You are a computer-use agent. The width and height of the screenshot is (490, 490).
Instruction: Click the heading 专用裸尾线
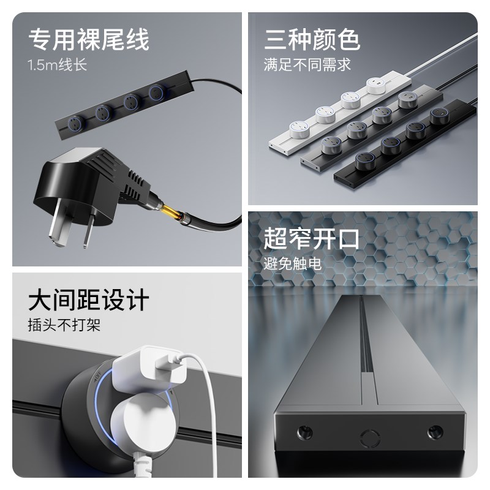89,40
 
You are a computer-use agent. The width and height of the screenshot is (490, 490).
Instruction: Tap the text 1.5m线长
58,65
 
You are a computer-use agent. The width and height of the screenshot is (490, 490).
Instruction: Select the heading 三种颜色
312,40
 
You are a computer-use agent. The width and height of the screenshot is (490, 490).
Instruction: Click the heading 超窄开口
312,239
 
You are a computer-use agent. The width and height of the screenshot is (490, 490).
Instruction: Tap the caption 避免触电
293,264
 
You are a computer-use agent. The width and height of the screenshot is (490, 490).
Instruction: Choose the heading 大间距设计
89,301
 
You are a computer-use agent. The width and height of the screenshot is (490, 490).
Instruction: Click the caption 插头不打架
64,325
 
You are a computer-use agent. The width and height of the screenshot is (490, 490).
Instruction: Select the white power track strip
337,116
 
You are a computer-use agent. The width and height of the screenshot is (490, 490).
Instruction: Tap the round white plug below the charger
147,423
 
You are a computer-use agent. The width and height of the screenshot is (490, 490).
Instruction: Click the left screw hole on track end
304,433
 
